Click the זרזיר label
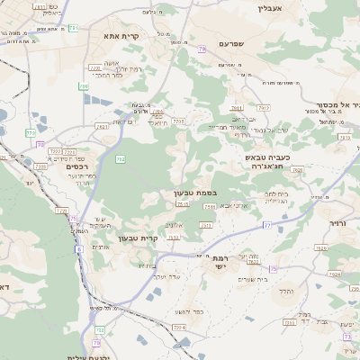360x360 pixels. point(337,222)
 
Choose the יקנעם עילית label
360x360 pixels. point(87,356)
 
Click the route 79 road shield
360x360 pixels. point(203,49)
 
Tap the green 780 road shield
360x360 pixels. point(83,86)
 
